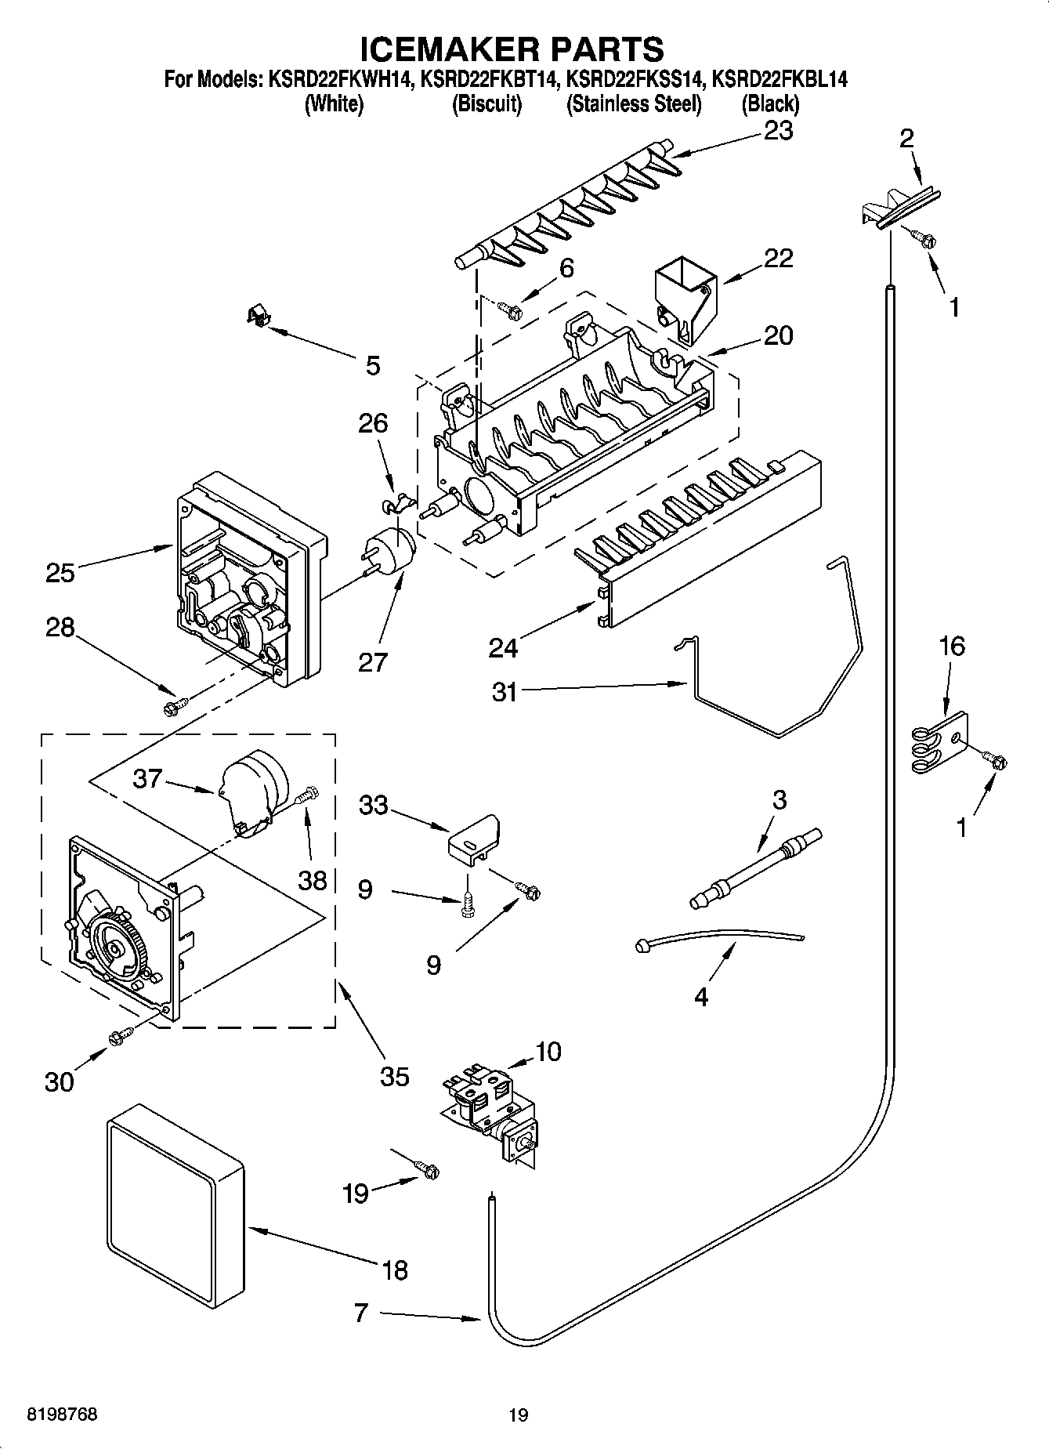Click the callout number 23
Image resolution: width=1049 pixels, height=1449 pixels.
tap(778, 130)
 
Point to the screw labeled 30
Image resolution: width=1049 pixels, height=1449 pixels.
tap(121, 1037)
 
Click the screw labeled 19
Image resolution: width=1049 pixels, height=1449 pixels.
tap(428, 1170)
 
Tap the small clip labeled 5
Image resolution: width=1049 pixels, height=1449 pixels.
tap(258, 315)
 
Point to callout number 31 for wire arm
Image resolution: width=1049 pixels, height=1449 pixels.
tap(505, 692)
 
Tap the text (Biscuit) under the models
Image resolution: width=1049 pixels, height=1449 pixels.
tap(487, 103)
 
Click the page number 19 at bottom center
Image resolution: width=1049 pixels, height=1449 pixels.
tap(518, 1415)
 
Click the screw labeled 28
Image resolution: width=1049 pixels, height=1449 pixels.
tap(172, 708)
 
